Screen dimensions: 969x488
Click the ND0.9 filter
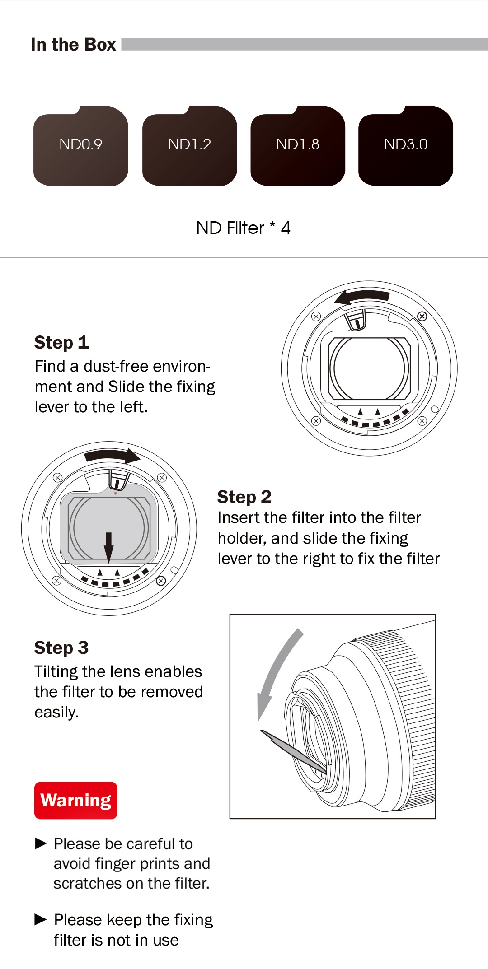coord(81,146)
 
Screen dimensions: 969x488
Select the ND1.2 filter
coord(189,146)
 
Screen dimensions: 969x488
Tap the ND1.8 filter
coord(298,146)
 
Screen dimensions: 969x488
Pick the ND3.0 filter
coord(406,146)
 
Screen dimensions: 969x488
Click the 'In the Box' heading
coord(73,45)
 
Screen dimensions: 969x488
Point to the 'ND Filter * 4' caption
coord(243,228)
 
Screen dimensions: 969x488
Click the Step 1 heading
coord(61,343)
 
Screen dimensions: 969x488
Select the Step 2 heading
coord(244,497)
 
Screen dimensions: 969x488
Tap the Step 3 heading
coord(61,648)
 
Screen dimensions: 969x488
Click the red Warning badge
coord(76,800)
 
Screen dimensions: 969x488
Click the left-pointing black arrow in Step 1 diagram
coord(361,297)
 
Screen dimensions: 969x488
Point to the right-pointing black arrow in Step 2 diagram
coord(113,456)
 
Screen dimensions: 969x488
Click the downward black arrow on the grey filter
coord(109,547)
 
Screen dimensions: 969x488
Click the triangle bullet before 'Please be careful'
coord(41,843)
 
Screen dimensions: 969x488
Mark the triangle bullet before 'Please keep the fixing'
coord(41,919)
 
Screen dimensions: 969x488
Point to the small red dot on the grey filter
coord(116,493)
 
